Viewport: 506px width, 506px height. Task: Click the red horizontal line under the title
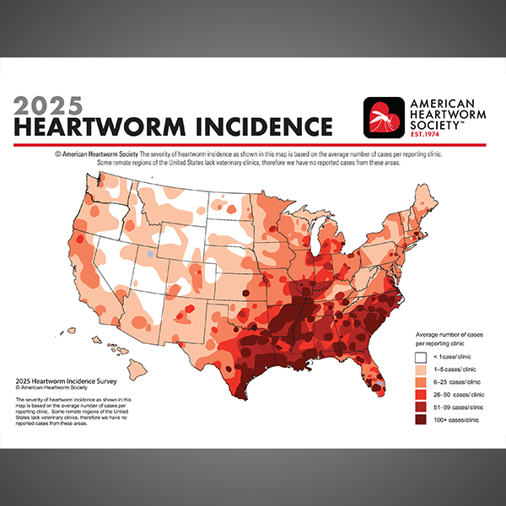point(253,145)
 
